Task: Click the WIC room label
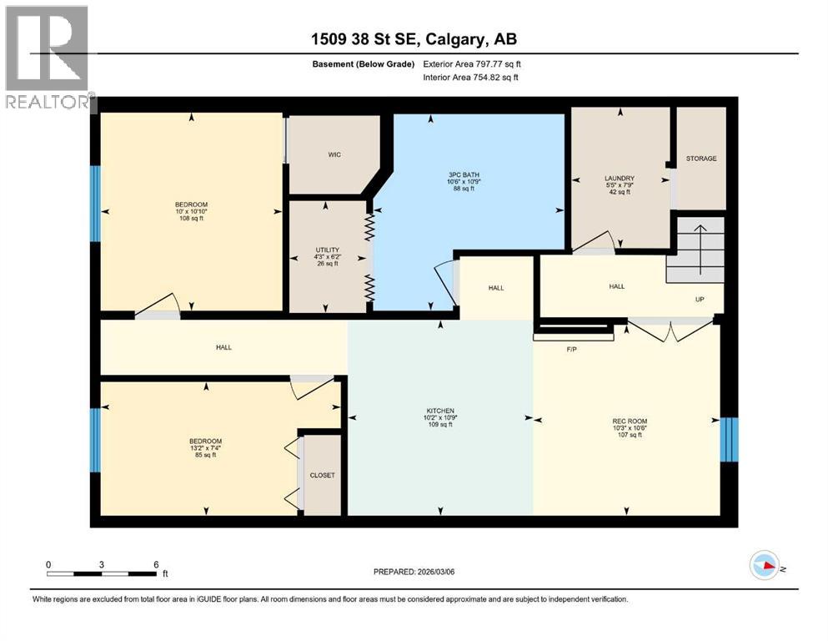click(334, 154)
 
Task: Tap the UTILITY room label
click(326, 250)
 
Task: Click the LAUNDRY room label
click(620, 178)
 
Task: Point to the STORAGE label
click(700, 159)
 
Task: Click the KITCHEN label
click(439, 411)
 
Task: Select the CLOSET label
click(322, 475)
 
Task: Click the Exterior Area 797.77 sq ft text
click(476, 64)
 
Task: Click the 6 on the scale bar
click(156, 565)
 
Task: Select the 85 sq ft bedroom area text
click(204, 454)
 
